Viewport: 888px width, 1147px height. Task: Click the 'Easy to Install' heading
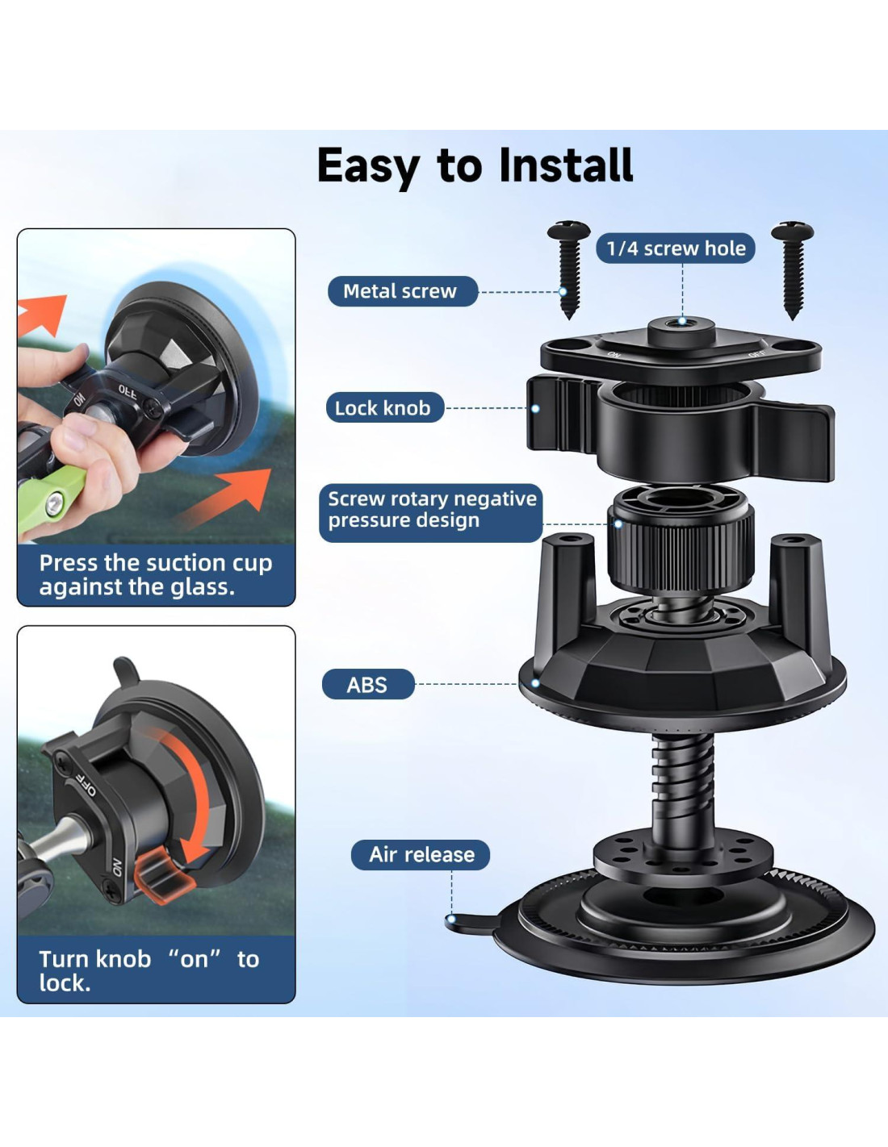coord(475,166)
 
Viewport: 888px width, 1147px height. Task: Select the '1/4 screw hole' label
coord(676,248)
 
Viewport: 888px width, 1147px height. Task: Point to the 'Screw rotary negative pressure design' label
coord(431,509)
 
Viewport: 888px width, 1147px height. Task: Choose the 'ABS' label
coord(368,684)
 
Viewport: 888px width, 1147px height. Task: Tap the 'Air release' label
coord(421,854)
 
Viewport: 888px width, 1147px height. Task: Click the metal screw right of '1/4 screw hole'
coord(792,269)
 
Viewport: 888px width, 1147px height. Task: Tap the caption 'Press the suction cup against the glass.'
coord(156,575)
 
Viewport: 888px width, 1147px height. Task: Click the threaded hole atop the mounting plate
coord(681,321)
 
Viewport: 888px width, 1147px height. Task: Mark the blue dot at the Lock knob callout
coord(535,409)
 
